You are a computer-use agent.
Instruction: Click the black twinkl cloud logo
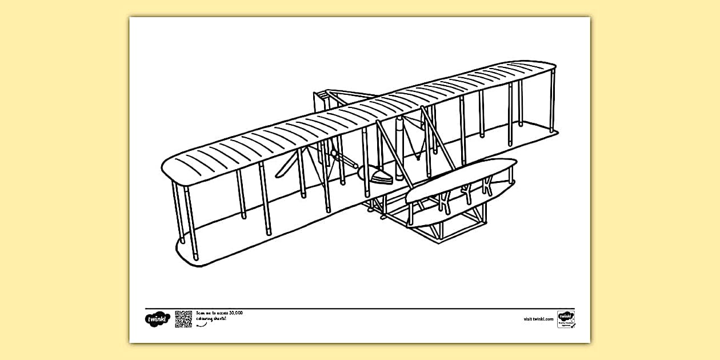click(x=158, y=319)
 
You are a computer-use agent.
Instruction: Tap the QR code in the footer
click(x=183, y=319)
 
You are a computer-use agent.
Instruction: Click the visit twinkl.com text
click(x=538, y=319)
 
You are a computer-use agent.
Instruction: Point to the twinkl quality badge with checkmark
click(x=566, y=319)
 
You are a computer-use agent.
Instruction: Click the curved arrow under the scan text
click(x=201, y=325)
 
